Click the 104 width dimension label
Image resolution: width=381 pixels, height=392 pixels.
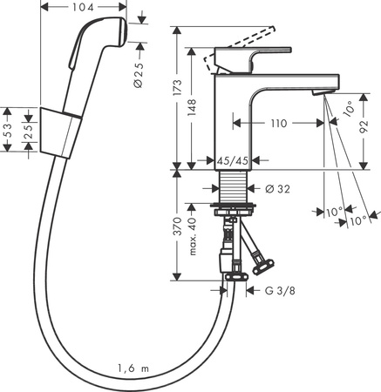[x=84, y=7]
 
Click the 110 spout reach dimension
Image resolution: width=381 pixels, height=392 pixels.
[x=279, y=125]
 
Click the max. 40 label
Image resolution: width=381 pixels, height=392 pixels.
[x=193, y=233]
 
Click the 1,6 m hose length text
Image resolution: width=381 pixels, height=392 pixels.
[x=133, y=369]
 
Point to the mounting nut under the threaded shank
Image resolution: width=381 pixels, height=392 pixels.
[x=234, y=209]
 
